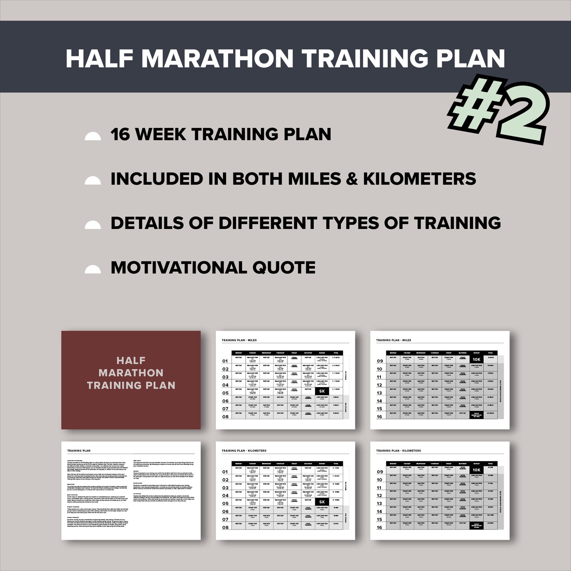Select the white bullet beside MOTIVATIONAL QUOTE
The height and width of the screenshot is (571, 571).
(93, 269)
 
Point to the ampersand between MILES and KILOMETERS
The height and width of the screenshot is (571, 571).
(352, 179)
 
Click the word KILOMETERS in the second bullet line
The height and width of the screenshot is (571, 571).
(419, 179)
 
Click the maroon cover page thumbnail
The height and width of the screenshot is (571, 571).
(131, 380)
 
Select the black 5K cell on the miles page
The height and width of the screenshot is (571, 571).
(322, 391)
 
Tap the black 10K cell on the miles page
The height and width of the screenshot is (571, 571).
(476, 359)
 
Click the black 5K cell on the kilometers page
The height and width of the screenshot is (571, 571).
(322, 502)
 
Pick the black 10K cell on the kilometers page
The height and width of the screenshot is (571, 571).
(476, 470)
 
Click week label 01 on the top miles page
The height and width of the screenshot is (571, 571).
(225, 361)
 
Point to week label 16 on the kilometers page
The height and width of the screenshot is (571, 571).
(379, 527)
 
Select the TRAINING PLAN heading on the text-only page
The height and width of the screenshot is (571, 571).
(79, 451)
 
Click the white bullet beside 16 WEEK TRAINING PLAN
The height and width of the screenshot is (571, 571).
(93, 136)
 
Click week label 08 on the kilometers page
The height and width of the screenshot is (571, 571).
(225, 527)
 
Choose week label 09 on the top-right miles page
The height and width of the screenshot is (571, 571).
(380, 361)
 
